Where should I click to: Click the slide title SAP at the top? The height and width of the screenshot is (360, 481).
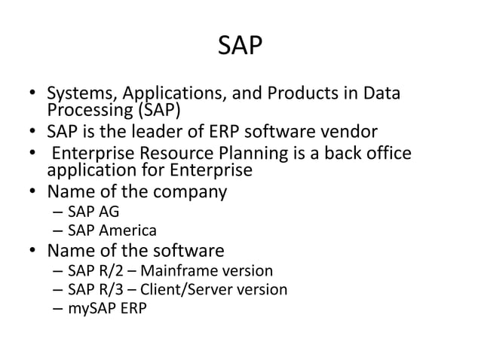click(240, 47)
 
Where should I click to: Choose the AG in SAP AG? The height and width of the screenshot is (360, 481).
click(108, 212)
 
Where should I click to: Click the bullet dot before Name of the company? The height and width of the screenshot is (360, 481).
click(35, 192)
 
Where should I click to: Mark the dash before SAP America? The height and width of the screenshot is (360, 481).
click(59, 230)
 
